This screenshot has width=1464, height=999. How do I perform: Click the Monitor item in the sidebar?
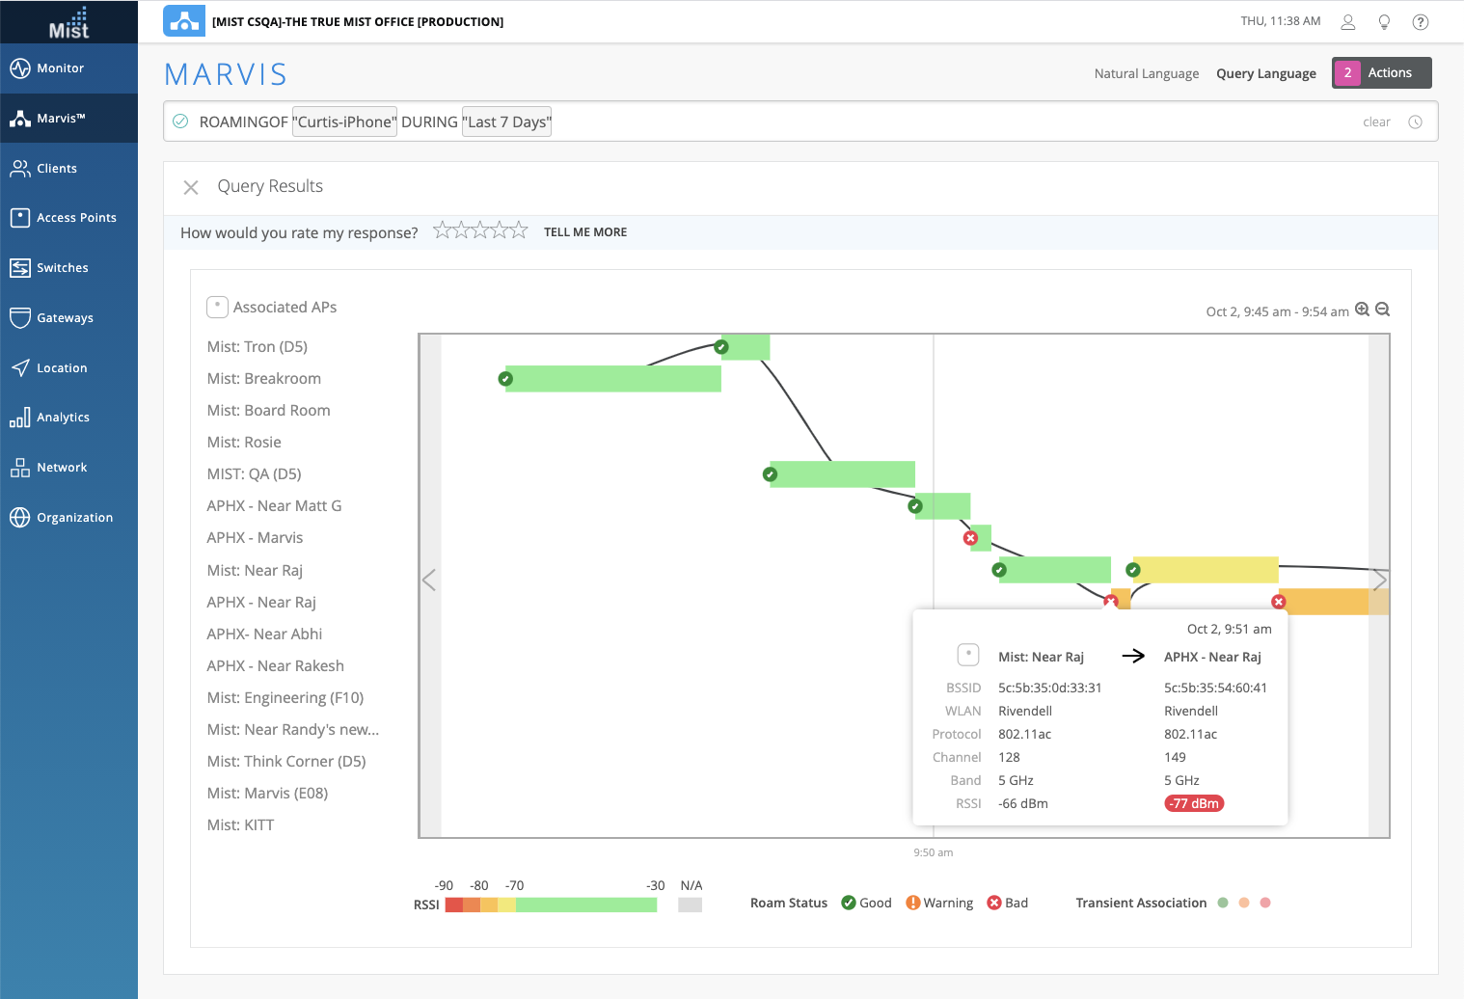60,68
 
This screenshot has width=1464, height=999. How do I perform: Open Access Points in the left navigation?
76,218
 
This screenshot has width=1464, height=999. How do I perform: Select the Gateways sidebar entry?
65,318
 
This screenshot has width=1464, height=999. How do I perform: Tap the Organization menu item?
74,518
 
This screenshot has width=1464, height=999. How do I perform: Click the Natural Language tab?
1146,73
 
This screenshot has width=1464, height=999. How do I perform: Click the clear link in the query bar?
1376,122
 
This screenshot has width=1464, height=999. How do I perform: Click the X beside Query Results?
191,187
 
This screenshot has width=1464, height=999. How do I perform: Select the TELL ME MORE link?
584,232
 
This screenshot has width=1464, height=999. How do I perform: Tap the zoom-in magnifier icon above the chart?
1362,310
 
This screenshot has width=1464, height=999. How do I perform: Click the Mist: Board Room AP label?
268,411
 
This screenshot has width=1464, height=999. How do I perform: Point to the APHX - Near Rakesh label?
275,666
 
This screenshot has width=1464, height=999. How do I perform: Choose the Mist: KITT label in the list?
240,825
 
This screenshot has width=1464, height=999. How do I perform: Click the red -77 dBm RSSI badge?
1194,803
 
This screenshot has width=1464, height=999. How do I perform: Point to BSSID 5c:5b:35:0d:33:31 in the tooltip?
1049,688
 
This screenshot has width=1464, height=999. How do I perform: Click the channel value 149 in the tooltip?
1175,758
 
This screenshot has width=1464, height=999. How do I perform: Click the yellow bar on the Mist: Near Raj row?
1206,570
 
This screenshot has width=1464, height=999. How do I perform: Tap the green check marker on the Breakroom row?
505,379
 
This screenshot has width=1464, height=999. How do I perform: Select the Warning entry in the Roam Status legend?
939,904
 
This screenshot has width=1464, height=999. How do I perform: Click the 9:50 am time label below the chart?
933,852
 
